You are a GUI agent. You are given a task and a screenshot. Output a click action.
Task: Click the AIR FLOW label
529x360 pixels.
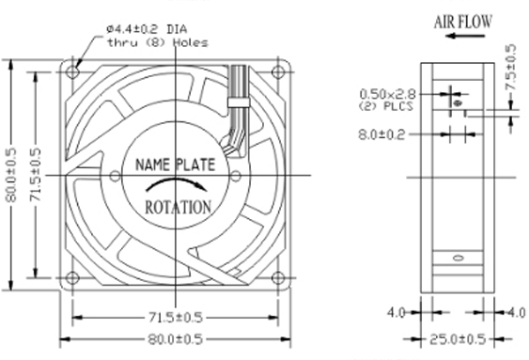[463, 22]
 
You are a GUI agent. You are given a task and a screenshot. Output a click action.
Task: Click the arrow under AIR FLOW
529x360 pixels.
[465, 36]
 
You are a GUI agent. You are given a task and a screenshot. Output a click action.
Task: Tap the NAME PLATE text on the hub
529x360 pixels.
[175, 164]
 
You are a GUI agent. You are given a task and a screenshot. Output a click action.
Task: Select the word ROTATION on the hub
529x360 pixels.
[179, 207]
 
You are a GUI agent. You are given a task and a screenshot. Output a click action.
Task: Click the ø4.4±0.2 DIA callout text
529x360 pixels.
[148, 29]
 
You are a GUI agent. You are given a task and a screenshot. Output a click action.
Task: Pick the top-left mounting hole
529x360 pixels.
[71, 71]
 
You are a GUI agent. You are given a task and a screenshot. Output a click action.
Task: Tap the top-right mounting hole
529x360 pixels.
[278, 71]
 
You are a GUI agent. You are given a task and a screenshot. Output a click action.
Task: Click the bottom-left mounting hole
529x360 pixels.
[71, 278]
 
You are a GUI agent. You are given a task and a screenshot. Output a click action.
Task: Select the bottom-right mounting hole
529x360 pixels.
[278, 278]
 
